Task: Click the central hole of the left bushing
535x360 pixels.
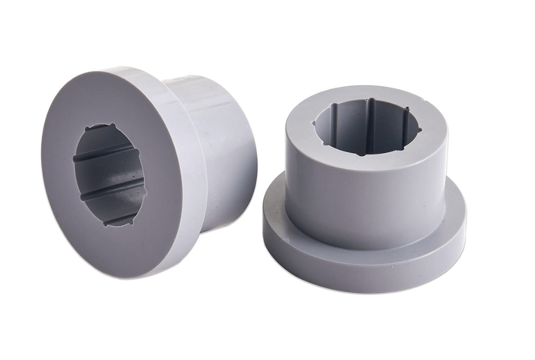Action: pyautogui.click(x=109, y=174)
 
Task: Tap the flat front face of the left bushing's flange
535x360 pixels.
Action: pyautogui.click(x=71, y=228)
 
